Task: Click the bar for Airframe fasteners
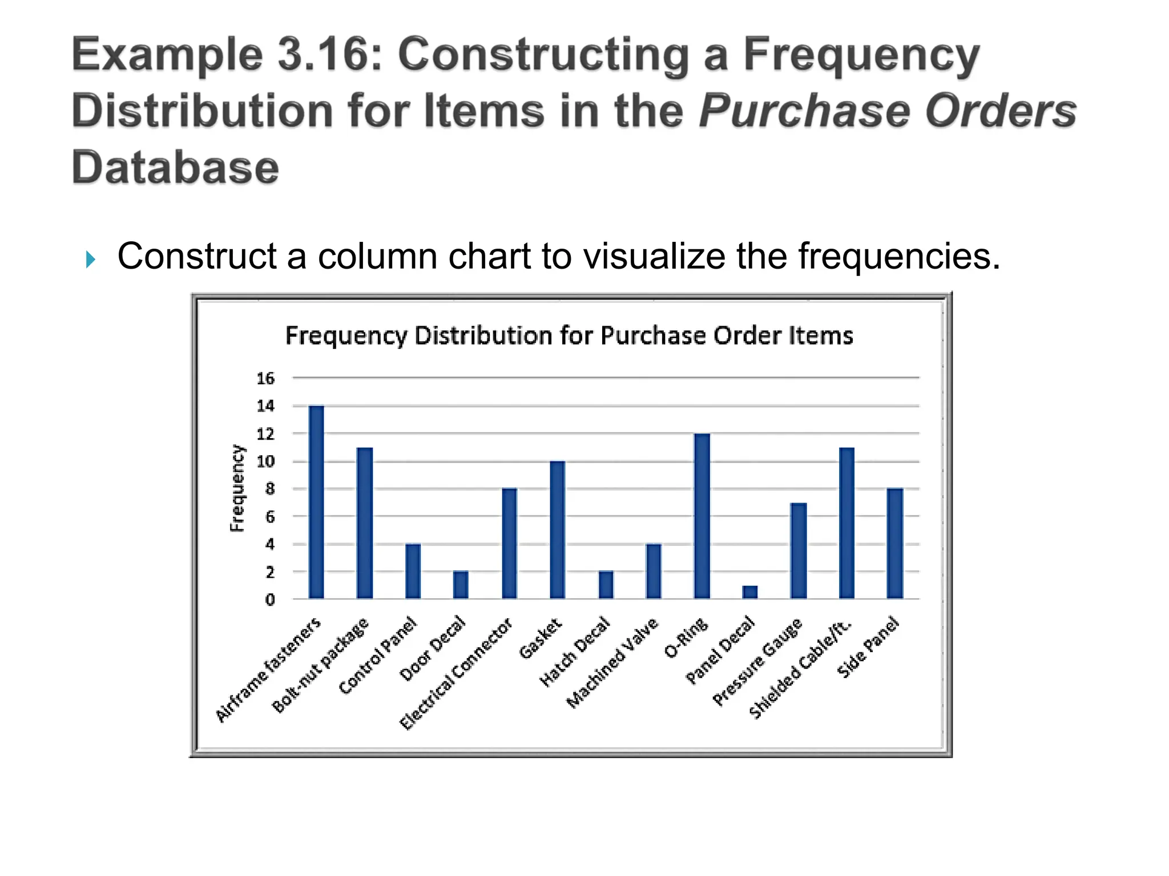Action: click(316, 502)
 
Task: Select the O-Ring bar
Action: click(702, 516)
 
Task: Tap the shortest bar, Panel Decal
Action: click(750, 592)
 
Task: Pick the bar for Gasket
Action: click(557, 530)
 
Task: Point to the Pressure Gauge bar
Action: click(799, 550)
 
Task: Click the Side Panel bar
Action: click(895, 544)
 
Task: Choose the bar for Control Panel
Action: click(413, 571)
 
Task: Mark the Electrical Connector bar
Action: click(509, 544)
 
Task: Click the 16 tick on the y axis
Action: click(265, 378)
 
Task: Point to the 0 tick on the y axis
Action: click(269, 599)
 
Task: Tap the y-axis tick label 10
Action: click(265, 461)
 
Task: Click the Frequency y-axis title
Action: click(237, 488)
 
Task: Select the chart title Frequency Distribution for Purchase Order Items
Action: click(569, 335)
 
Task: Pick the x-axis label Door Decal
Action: click(433, 648)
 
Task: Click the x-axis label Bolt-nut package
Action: click(321, 664)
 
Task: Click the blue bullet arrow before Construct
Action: click(90, 259)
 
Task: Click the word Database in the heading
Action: click(175, 167)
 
